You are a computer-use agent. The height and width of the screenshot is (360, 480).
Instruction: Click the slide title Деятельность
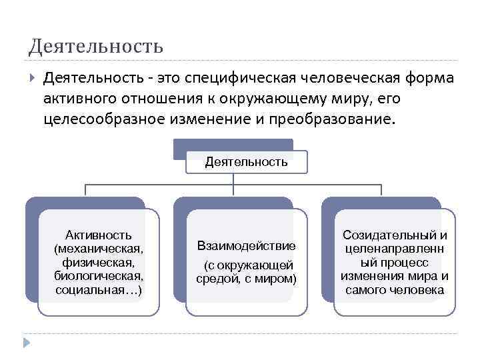(95, 47)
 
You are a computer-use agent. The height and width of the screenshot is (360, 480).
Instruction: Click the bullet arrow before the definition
(32, 79)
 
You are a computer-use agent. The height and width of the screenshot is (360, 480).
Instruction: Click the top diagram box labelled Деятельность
(247, 161)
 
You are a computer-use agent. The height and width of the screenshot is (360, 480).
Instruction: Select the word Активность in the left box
(98, 235)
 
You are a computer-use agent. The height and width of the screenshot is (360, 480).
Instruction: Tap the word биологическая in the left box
(98, 276)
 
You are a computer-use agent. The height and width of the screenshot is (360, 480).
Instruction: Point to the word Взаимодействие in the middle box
(247, 247)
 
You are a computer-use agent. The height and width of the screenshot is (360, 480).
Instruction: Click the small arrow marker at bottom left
(26, 343)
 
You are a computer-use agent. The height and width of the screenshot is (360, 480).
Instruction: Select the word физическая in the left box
(98, 262)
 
